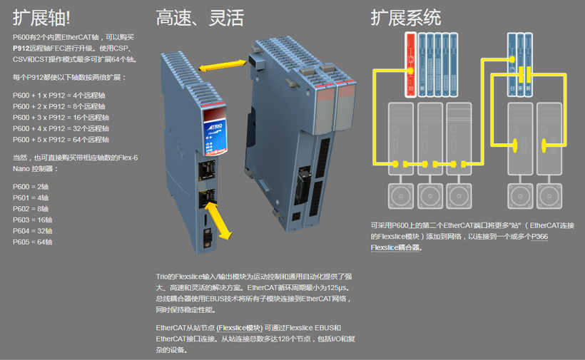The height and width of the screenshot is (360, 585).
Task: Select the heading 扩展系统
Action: pyautogui.click(x=406, y=17)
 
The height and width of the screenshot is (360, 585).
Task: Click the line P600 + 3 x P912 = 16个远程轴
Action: pyautogui.click(x=61, y=117)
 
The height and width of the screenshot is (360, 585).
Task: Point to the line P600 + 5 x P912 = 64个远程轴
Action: pyautogui.click(x=61, y=140)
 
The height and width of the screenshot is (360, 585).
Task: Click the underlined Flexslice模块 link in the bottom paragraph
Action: pyautogui.click(x=239, y=328)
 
